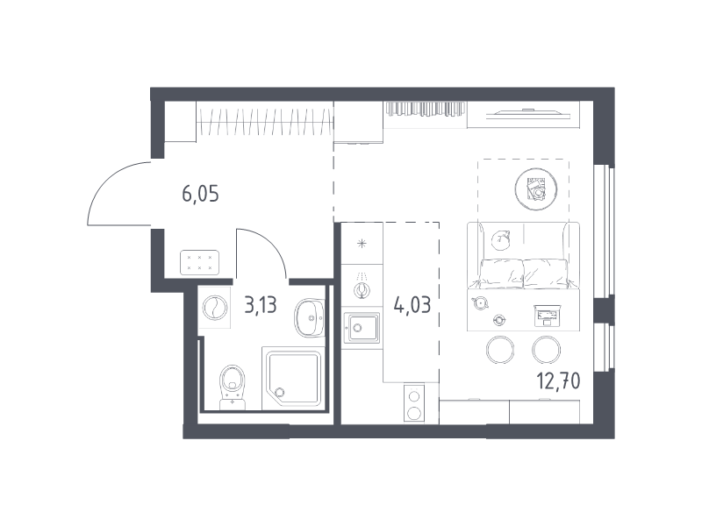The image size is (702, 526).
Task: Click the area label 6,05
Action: tap(200, 195)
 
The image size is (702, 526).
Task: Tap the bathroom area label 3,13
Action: tap(261, 305)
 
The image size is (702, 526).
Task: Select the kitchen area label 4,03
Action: tap(412, 305)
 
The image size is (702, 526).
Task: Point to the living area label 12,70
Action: tap(558, 381)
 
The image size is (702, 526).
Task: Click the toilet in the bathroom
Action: tap(233, 387)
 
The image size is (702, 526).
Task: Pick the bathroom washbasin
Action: tap(310, 317)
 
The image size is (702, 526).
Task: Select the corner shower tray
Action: tap(293, 379)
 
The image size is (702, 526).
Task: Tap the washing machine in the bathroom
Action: tap(214, 308)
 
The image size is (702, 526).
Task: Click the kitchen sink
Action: tap(362, 328)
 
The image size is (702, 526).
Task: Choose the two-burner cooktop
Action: tap(414, 402)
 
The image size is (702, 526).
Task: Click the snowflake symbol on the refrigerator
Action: tap(362, 244)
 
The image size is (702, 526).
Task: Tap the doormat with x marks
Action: tap(199, 262)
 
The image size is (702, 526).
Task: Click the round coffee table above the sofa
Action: tap(536, 189)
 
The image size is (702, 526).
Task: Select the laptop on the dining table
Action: tap(547, 315)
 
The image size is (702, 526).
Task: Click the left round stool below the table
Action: tap(500, 350)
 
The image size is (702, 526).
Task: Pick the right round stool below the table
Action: tap(546, 350)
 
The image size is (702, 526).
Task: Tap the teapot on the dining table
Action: tap(480, 302)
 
